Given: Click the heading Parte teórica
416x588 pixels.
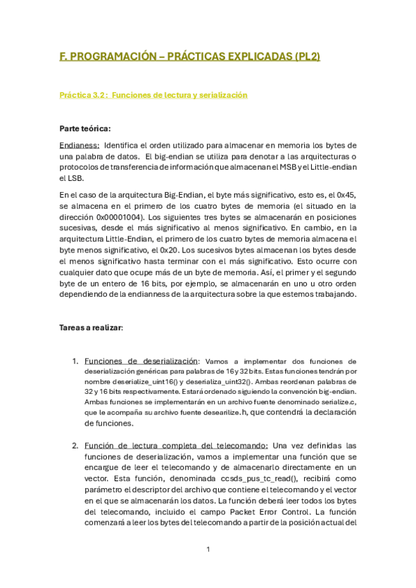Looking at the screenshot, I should pyautogui.click(x=85, y=128).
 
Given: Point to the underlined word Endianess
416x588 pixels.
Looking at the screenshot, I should pyautogui.click(x=79, y=145).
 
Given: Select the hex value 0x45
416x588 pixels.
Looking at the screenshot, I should pyautogui.click(x=347, y=195).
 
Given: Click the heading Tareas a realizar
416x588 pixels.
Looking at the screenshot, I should pyautogui.click(x=91, y=328).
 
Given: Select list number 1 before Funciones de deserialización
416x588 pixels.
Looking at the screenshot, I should pyautogui.click(x=75, y=361).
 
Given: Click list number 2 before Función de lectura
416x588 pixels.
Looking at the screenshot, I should pyautogui.click(x=75, y=445).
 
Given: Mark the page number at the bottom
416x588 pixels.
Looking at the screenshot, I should pyautogui.click(x=208, y=550).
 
